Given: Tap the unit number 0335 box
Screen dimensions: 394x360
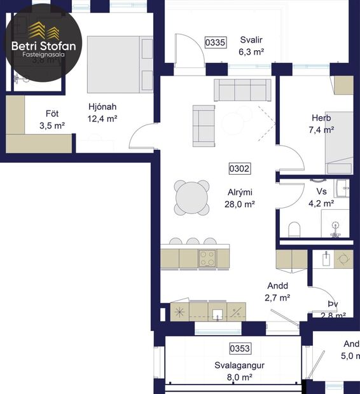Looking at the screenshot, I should (216, 43).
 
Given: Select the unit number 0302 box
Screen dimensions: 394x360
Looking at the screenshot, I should (239, 169).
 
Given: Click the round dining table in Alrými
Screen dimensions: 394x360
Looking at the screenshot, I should (192, 199).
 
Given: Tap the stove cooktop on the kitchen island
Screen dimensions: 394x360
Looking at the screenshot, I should (207, 257).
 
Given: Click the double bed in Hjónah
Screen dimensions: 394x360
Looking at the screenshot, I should (120, 64).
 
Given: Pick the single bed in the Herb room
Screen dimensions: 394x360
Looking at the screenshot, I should (338, 142).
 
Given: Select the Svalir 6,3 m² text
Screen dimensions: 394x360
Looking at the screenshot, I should (251, 46).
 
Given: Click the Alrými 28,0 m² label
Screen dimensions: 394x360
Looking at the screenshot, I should (241, 198).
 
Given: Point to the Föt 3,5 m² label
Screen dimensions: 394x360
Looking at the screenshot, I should (52, 120).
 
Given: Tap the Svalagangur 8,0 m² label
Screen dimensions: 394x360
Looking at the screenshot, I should (239, 371).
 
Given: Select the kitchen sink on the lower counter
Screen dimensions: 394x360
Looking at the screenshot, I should (218, 312).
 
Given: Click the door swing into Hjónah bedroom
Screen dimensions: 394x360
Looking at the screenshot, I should (141, 135).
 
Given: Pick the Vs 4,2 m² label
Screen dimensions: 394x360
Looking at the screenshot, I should (321, 198).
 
